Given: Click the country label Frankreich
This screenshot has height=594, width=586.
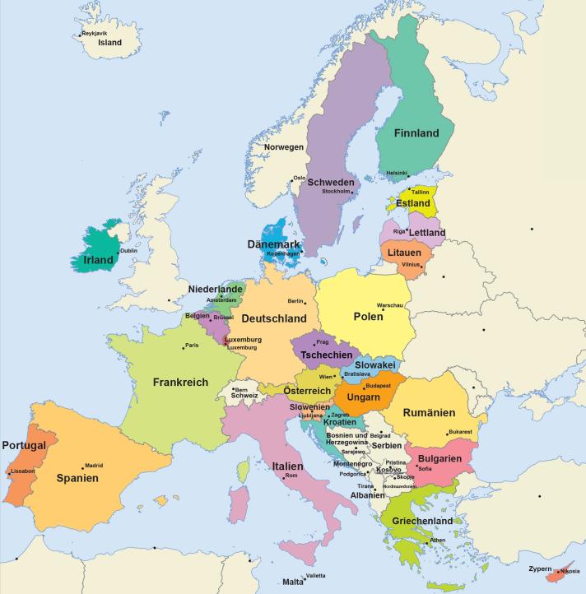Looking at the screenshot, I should click(180, 382).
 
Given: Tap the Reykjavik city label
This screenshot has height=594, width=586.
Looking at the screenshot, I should click(95, 33).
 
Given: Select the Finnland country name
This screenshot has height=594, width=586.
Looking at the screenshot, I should click(416, 132).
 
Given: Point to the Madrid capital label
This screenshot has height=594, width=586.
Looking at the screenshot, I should click(94, 465).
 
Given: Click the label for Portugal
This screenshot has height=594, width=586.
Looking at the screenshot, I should click(23, 445).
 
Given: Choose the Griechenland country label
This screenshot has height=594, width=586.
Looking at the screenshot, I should click(422, 521).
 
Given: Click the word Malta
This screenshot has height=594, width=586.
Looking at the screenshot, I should click(293, 582).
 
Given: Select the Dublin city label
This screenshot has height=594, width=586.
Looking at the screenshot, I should click(128, 250).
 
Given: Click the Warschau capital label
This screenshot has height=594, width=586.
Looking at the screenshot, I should click(390, 305).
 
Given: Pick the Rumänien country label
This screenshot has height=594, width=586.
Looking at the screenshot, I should click(428, 413).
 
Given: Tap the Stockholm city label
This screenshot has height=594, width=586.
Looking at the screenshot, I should click(336, 191).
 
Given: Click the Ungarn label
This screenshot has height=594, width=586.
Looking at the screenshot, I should click(362, 398).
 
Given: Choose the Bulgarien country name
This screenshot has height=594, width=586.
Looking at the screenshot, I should click(439, 458).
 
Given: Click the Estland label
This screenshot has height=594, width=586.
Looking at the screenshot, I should click(412, 202).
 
